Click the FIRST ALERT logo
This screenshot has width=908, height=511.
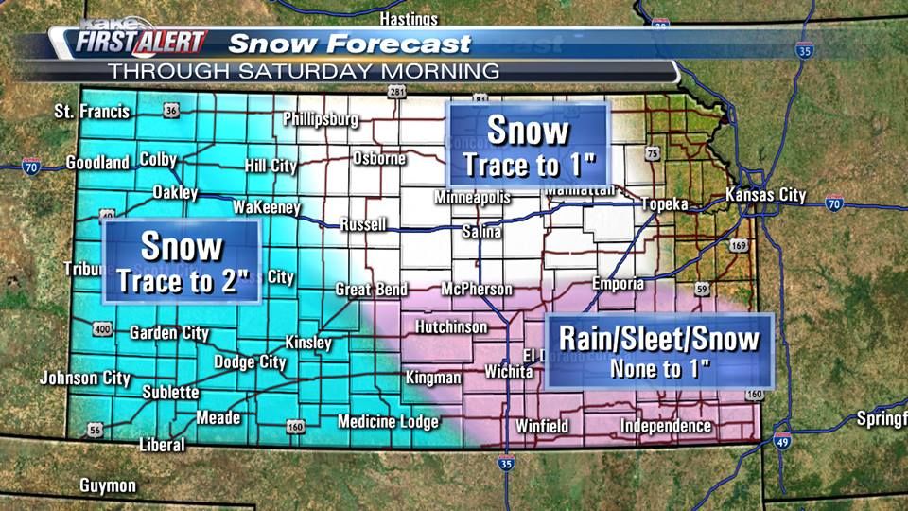coord(140,42)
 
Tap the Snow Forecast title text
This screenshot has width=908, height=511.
coord(350,44)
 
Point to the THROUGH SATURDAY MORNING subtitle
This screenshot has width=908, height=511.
coord(303,70)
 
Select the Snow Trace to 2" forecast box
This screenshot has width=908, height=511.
coord(182,262)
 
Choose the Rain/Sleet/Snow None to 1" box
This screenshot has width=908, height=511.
coord(659,350)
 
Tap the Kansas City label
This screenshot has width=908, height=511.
coord(765,196)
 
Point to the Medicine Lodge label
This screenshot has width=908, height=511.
coord(388,422)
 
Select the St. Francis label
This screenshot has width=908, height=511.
coord(92,112)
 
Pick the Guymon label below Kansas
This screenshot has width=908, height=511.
coord(108,485)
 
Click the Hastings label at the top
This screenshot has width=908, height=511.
coord(409,19)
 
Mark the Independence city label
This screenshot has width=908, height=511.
coord(666,426)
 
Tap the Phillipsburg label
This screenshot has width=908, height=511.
coord(321,119)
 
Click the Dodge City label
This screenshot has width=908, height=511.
coord(250,361)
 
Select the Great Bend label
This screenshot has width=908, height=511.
coord(372,290)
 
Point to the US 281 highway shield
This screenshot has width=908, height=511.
coord(395,92)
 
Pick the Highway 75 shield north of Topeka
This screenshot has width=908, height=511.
coord(652,153)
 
